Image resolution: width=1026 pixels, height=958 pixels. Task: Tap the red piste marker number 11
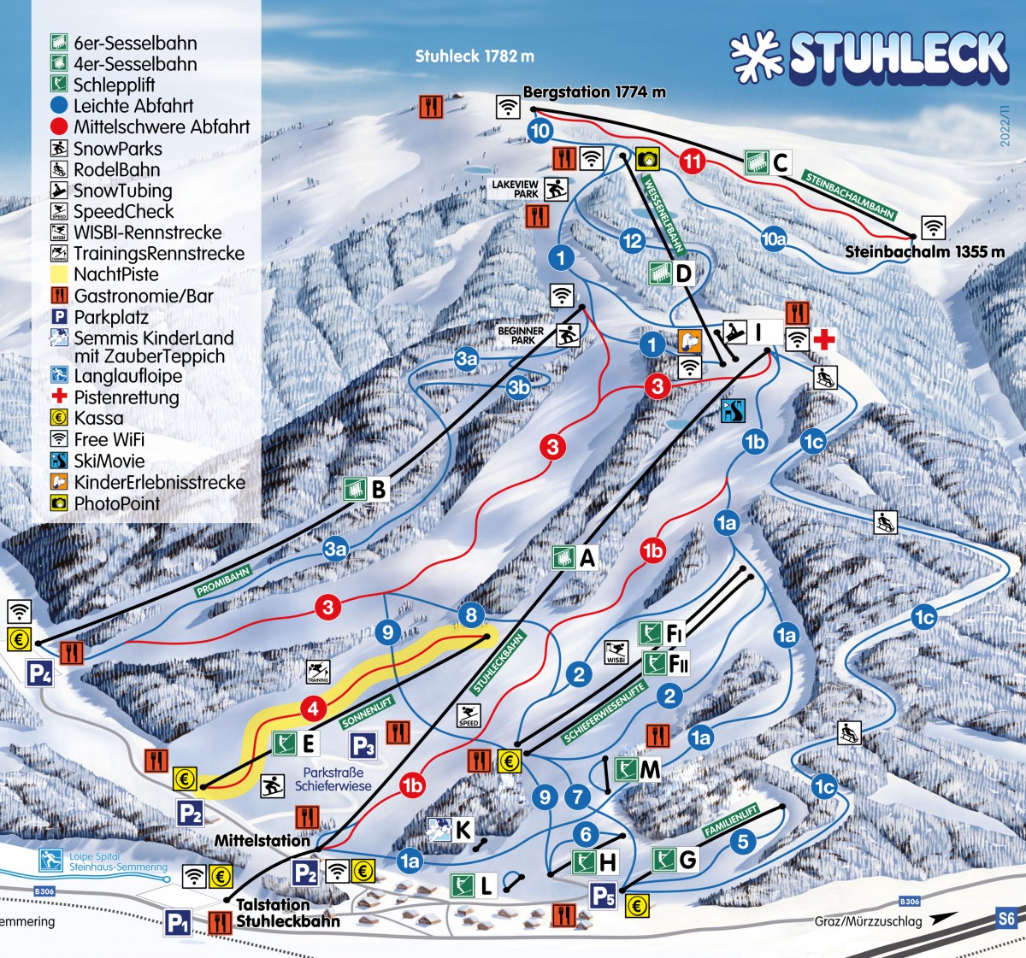pyautogui.click(x=693, y=161)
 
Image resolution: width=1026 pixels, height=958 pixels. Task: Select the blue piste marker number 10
pyautogui.click(x=540, y=131)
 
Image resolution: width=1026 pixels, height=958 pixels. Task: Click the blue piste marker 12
pyautogui.click(x=632, y=241)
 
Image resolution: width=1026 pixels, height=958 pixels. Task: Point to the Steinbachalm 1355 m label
pyautogui.click(x=924, y=252)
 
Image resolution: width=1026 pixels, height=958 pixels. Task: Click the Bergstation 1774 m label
pyautogui.click(x=594, y=91)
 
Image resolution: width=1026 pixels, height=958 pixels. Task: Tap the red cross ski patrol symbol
pyautogui.click(x=824, y=339)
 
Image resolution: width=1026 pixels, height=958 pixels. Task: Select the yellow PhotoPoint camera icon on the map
pyautogui.click(x=648, y=158)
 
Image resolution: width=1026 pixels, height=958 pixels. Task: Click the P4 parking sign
pyautogui.click(x=39, y=673)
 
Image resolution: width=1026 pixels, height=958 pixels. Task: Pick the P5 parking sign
pyautogui.click(x=603, y=896)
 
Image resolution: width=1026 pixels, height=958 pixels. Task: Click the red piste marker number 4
pyautogui.click(x=314, y=708)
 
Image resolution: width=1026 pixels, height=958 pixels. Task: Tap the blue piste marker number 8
pyautogui.click(x=471, y=614)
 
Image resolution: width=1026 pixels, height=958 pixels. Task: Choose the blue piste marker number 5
pyautogui.click(x=742, y=841)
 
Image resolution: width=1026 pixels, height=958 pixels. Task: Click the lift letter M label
pyautogui.click(x=650, y=770)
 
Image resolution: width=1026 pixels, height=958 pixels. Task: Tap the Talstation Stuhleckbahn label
pyautogui.click(x=287, y=913)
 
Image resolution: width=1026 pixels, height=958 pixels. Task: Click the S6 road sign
pyautogui.click(x=1006, y=920)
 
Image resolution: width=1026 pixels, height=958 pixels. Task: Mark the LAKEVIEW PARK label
pyautogui.click(x=515, y=189)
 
